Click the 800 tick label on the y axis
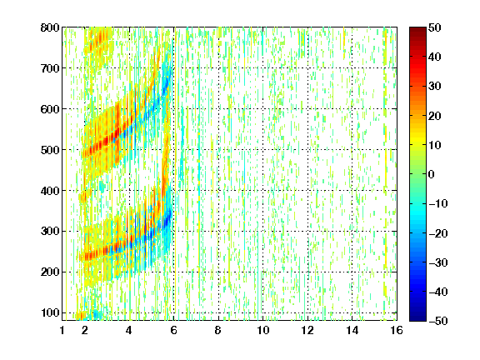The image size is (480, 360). coord(50,27)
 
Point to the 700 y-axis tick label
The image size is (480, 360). coord(50,68)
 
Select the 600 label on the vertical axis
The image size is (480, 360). coord(50,109)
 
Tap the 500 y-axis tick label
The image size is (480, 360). coord(50,150)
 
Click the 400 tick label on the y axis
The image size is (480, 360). coord(50,191)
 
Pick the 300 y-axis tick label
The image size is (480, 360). coord(50,232)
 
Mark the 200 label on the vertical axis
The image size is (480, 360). coord(50,272)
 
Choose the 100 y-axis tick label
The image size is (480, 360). coord(50,312)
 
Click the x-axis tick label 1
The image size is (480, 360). coord(62,330)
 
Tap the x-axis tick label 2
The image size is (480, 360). coord(85,330)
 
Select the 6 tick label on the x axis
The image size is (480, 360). coord(174,330)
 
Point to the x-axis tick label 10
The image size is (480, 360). coord(263,330)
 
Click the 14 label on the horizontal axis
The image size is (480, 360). coord(352,330)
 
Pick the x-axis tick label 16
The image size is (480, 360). coord(397,330)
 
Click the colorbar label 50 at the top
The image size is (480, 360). coord(435,27)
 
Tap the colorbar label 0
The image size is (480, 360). coord(432,174)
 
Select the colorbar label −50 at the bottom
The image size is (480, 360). coord(438,321)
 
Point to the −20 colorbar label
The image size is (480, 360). coord(438,233)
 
